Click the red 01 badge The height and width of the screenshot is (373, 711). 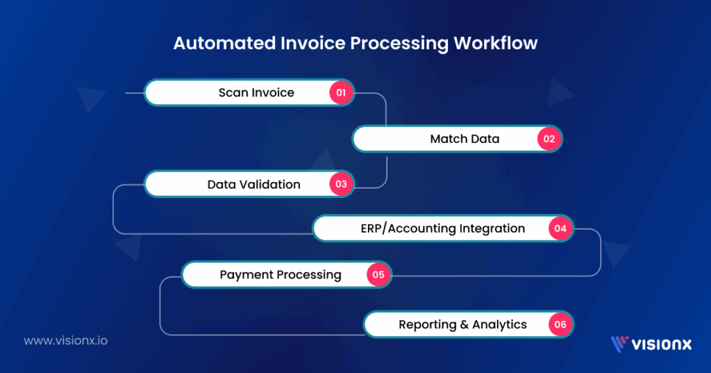click(341, 92)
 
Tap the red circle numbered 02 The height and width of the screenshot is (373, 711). click(549, 139)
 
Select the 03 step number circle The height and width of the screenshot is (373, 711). click(341, 185)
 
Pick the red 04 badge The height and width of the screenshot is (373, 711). click(560, 229)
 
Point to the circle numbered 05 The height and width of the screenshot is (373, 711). click(378, 274)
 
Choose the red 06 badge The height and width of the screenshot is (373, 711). click(560, 324)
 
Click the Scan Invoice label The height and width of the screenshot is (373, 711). click(256, 92)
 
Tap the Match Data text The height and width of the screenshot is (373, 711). click(465, 139)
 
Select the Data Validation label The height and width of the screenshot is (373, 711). click(253, 185)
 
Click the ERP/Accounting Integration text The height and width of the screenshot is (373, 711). click(442, 229)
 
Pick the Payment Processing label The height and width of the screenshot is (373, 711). click(281, 274)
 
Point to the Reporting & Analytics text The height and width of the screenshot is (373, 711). click(462, 324)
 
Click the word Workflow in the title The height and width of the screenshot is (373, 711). click(495, 43)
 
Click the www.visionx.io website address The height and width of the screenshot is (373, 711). click(65, 341)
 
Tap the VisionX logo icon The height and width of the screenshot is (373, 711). click(619, 343)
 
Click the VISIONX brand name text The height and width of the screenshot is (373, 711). click(661, 343)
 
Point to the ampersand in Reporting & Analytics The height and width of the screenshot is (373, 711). click(464, 324)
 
